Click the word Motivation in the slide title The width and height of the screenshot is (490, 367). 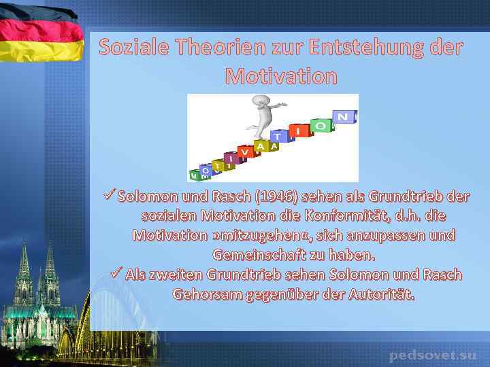click(280, 76)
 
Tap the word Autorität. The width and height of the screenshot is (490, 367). click(381, 295)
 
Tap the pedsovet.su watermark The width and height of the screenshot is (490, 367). click(433, 355)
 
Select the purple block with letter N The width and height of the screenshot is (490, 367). click(344, 117)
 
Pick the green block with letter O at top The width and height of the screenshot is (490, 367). click(321, 126)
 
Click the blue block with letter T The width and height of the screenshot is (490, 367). click(278, 137)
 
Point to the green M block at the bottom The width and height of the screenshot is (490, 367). click(195, 175)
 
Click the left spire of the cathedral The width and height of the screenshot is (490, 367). click(24, 265)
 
